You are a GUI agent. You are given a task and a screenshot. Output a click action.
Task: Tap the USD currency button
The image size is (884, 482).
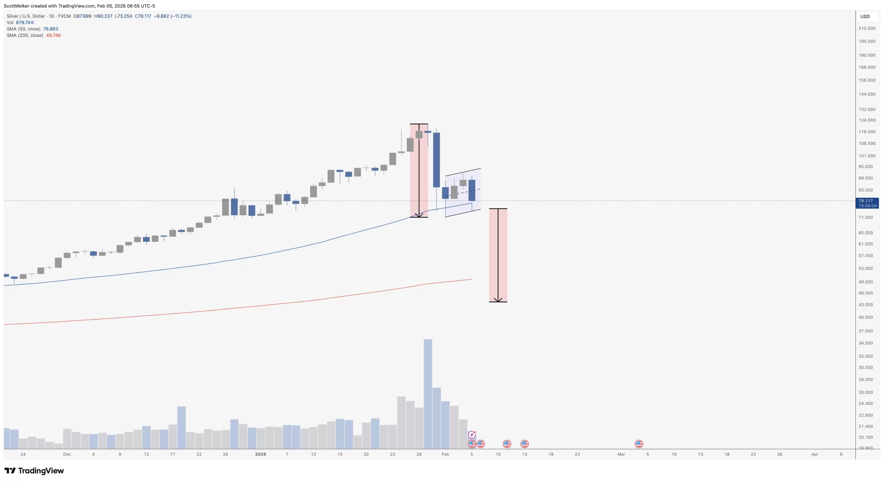(x=865, y=17)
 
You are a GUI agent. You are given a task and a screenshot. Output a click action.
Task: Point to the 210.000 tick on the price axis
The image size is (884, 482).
(x=867, y=28)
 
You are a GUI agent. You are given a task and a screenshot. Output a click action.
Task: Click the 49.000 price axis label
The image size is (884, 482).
(x=865, y=282)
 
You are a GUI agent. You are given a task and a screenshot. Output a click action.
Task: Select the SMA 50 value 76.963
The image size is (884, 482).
(x=50, y=29)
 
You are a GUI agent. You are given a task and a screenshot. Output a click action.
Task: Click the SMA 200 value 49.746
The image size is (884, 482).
(x=53, y=36)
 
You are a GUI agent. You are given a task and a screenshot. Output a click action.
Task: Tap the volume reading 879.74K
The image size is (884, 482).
(x=25, y=23)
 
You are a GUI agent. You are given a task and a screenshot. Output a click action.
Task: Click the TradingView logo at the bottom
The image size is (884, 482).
(x=34, y=471)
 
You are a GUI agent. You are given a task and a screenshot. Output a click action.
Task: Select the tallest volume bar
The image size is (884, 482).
(x=427, y=394)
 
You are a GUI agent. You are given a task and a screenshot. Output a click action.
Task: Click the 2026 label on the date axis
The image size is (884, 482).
(x=260, y=454)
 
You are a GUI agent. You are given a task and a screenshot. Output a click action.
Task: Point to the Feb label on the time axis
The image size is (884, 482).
(x=445, y=454)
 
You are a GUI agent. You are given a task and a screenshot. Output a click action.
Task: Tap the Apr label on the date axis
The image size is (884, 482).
(x=815, y=454)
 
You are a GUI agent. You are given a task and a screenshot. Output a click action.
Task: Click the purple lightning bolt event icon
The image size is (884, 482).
(x=472, y=435)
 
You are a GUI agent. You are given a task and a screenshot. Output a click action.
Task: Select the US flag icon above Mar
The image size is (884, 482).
(x=638, y=444)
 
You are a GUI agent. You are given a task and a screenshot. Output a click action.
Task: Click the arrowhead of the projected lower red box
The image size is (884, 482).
(x=498, y=300)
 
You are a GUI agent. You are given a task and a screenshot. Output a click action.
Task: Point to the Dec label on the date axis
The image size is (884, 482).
(x=67, y=454)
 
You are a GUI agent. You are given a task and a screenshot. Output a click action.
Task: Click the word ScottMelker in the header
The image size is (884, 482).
(x=16, y=6)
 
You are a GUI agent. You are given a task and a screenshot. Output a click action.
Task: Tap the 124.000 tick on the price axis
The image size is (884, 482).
(x=867, y=120)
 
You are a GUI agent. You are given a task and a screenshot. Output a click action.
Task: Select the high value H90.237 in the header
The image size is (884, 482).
(x=103, y=16)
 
